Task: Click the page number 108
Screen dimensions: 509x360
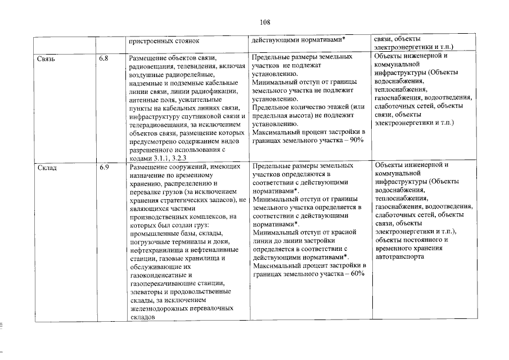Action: tap(265, 22)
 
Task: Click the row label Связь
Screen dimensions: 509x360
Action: tap(47, 58)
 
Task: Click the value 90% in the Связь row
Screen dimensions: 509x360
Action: tap(354, 140)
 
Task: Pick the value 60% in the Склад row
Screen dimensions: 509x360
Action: tap(354, 274)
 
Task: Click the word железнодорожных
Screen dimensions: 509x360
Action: tap(159, 309)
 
